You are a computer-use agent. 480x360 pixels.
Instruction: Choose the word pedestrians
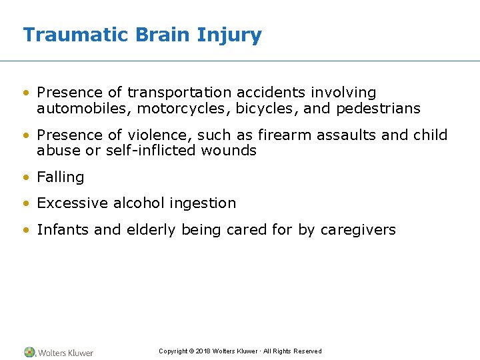click(x=378, y=108)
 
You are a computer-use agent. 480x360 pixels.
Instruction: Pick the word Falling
click(x=61, y=177)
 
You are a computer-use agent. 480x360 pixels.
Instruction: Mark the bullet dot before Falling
click(x=26, y=178)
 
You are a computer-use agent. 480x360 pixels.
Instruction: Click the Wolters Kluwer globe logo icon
click(x=29, y=352)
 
